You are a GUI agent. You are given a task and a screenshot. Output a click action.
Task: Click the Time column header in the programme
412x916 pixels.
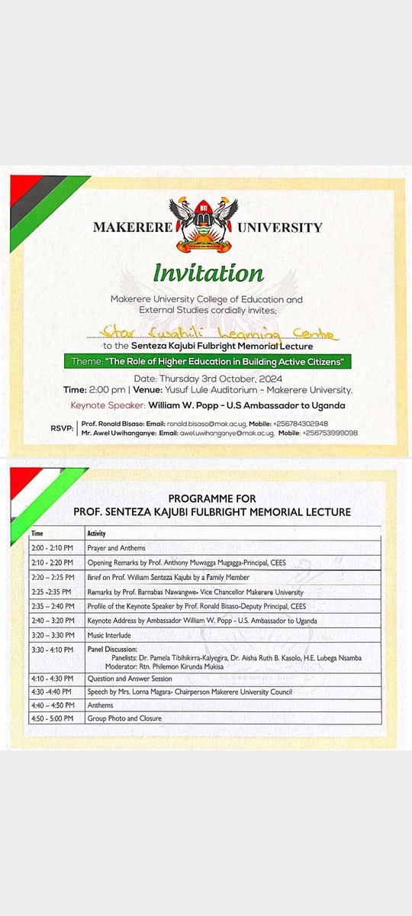point(39,533)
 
